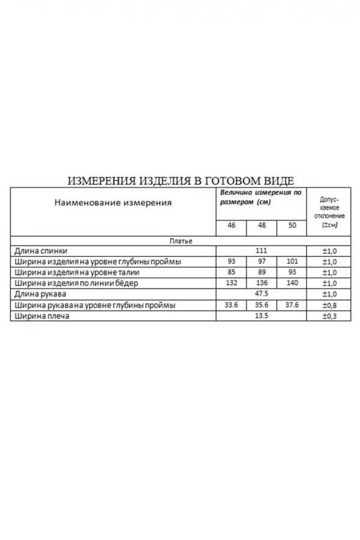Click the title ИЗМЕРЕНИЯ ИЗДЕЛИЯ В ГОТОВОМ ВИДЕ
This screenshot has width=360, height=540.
tap(180, 181)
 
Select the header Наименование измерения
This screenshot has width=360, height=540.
tap(113, 203)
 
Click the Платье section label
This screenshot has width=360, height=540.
tap(180, 241)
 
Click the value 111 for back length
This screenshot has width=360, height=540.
tap(261, 251)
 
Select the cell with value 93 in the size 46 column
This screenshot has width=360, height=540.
tap(232, 262)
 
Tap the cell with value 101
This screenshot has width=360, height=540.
tap(292, 262)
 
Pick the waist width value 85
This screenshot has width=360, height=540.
tap(232, 273)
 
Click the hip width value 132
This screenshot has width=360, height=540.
tap(232, 283)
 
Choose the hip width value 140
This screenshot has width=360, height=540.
tap(292, 283)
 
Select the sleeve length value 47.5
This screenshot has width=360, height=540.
tap(261, 295)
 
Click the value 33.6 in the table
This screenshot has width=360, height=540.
tap(232, 305)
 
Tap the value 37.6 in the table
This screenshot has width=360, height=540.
tap(292, 305)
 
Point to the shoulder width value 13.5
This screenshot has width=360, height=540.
tap(261, 316)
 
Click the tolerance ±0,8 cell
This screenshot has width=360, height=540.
tap(329, 305)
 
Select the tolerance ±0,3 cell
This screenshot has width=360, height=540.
tap(329, 316)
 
